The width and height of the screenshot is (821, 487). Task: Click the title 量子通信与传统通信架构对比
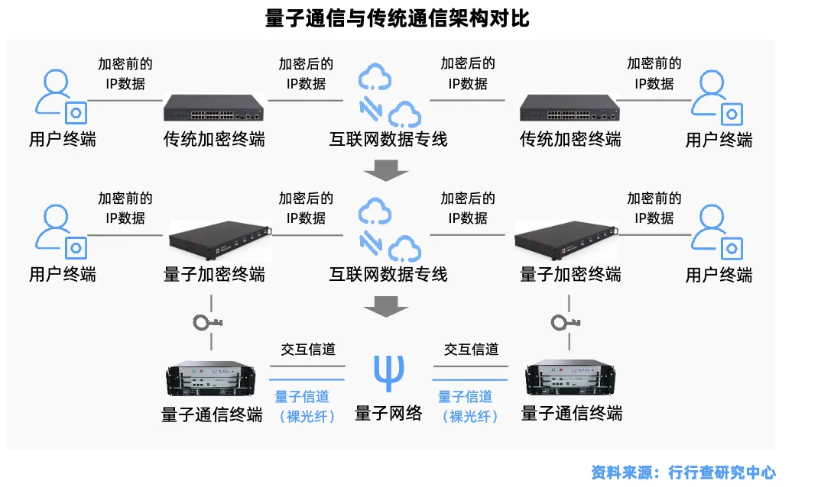397,18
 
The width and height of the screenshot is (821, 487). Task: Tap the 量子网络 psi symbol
388,372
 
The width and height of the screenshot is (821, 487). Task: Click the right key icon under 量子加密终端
564,322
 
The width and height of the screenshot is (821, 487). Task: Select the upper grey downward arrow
385,170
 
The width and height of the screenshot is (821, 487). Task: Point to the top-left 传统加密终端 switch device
213,108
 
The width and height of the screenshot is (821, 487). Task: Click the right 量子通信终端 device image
570,380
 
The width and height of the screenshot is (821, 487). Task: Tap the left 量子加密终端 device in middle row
219,240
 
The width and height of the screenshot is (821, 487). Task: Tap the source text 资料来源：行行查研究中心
683,472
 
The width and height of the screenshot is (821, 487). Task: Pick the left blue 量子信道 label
302,396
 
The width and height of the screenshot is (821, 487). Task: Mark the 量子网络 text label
388,414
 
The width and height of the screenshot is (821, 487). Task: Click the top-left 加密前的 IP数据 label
125,73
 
